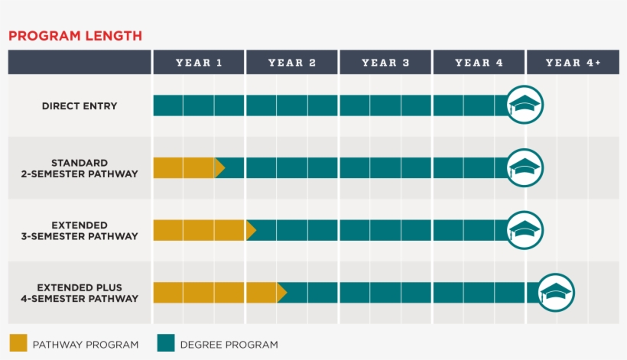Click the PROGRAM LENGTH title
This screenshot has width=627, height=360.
(x=75, y=36)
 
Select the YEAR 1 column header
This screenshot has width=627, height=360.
(x=199, y=63)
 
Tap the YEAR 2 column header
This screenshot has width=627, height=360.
(x=292, y=63)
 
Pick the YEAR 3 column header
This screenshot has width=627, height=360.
(x=385, y=63)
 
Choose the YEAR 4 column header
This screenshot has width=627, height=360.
(x=479, y=63)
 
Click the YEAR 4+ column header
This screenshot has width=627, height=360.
(x=573, y=63)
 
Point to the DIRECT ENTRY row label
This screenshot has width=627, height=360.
(x=80, y=106)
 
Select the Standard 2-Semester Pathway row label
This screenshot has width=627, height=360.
(x=80, y=168)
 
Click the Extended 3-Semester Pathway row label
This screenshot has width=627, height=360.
(x=80, y=231)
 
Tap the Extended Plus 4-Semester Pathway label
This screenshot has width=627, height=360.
(x=80, y=293)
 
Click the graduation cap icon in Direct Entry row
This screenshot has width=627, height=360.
(x=525, y=105)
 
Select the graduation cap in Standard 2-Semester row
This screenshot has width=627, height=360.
(x=525, y=167)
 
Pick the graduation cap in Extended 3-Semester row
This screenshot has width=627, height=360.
(x=525, y=230)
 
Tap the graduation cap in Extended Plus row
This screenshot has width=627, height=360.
(x=557, y=293)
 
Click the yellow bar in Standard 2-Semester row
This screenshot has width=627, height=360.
(x=186, y=168)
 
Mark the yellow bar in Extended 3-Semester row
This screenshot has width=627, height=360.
(x=201, y=230)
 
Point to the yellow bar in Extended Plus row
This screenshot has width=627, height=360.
(x=216, y=293)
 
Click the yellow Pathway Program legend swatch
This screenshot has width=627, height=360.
(x=18, y=343)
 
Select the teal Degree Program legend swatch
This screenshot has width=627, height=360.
(x=166, y=343)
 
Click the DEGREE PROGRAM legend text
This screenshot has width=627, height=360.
(x=229, y=345)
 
